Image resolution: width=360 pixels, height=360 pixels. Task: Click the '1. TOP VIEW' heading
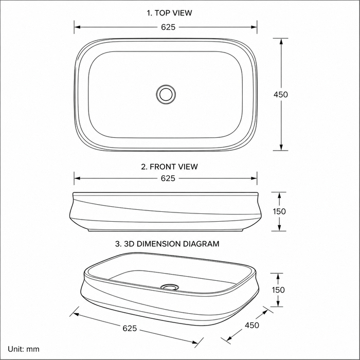169,13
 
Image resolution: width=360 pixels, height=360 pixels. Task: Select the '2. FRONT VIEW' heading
169,167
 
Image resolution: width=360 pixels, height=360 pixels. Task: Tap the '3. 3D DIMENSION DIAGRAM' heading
167,244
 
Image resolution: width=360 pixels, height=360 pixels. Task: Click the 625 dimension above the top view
168,27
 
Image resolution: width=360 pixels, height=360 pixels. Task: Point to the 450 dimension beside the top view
281,94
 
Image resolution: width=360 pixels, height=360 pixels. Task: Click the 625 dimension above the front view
168,178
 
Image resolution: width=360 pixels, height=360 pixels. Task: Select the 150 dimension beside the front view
279,211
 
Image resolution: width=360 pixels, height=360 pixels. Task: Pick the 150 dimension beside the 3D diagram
278,290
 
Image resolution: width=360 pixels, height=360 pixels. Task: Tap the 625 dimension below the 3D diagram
130,328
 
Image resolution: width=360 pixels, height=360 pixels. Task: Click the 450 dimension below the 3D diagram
252,325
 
